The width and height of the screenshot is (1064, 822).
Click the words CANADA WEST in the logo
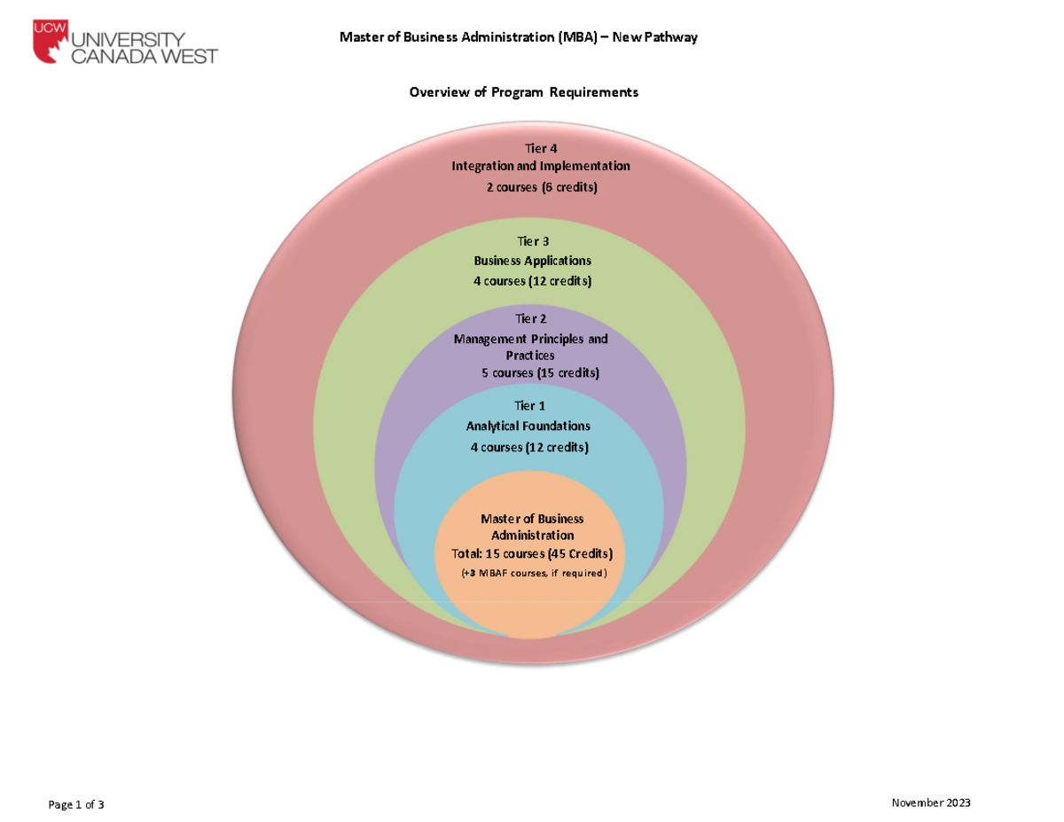145,57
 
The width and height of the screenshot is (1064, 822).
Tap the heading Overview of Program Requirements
523,92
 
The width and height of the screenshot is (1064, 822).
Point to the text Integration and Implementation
541,166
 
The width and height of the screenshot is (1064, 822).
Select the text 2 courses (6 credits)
541,187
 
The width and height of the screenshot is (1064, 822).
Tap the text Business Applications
533,261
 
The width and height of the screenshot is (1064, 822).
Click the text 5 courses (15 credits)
540,372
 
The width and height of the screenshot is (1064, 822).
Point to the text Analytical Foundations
528,427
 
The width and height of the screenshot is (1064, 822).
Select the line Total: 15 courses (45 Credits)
532,553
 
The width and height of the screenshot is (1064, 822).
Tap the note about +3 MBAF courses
534,574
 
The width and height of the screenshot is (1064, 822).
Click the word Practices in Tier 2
530,355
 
